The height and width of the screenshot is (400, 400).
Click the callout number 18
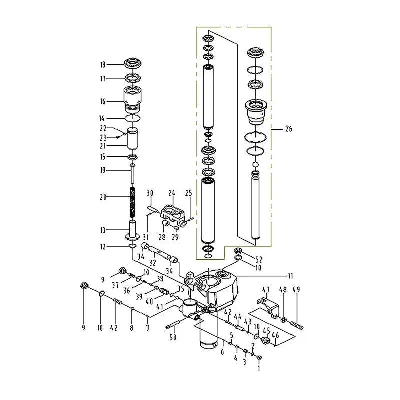(103, 64)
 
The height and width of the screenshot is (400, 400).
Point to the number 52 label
(258, 259)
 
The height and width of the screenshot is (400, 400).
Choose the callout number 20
(103, 197)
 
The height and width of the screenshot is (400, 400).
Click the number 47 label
(266, 290)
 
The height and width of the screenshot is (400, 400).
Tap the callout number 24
(171, 193)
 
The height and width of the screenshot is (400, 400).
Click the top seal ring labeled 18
(133, 64)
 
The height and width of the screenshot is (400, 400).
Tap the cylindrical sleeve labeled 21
(133, 139)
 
